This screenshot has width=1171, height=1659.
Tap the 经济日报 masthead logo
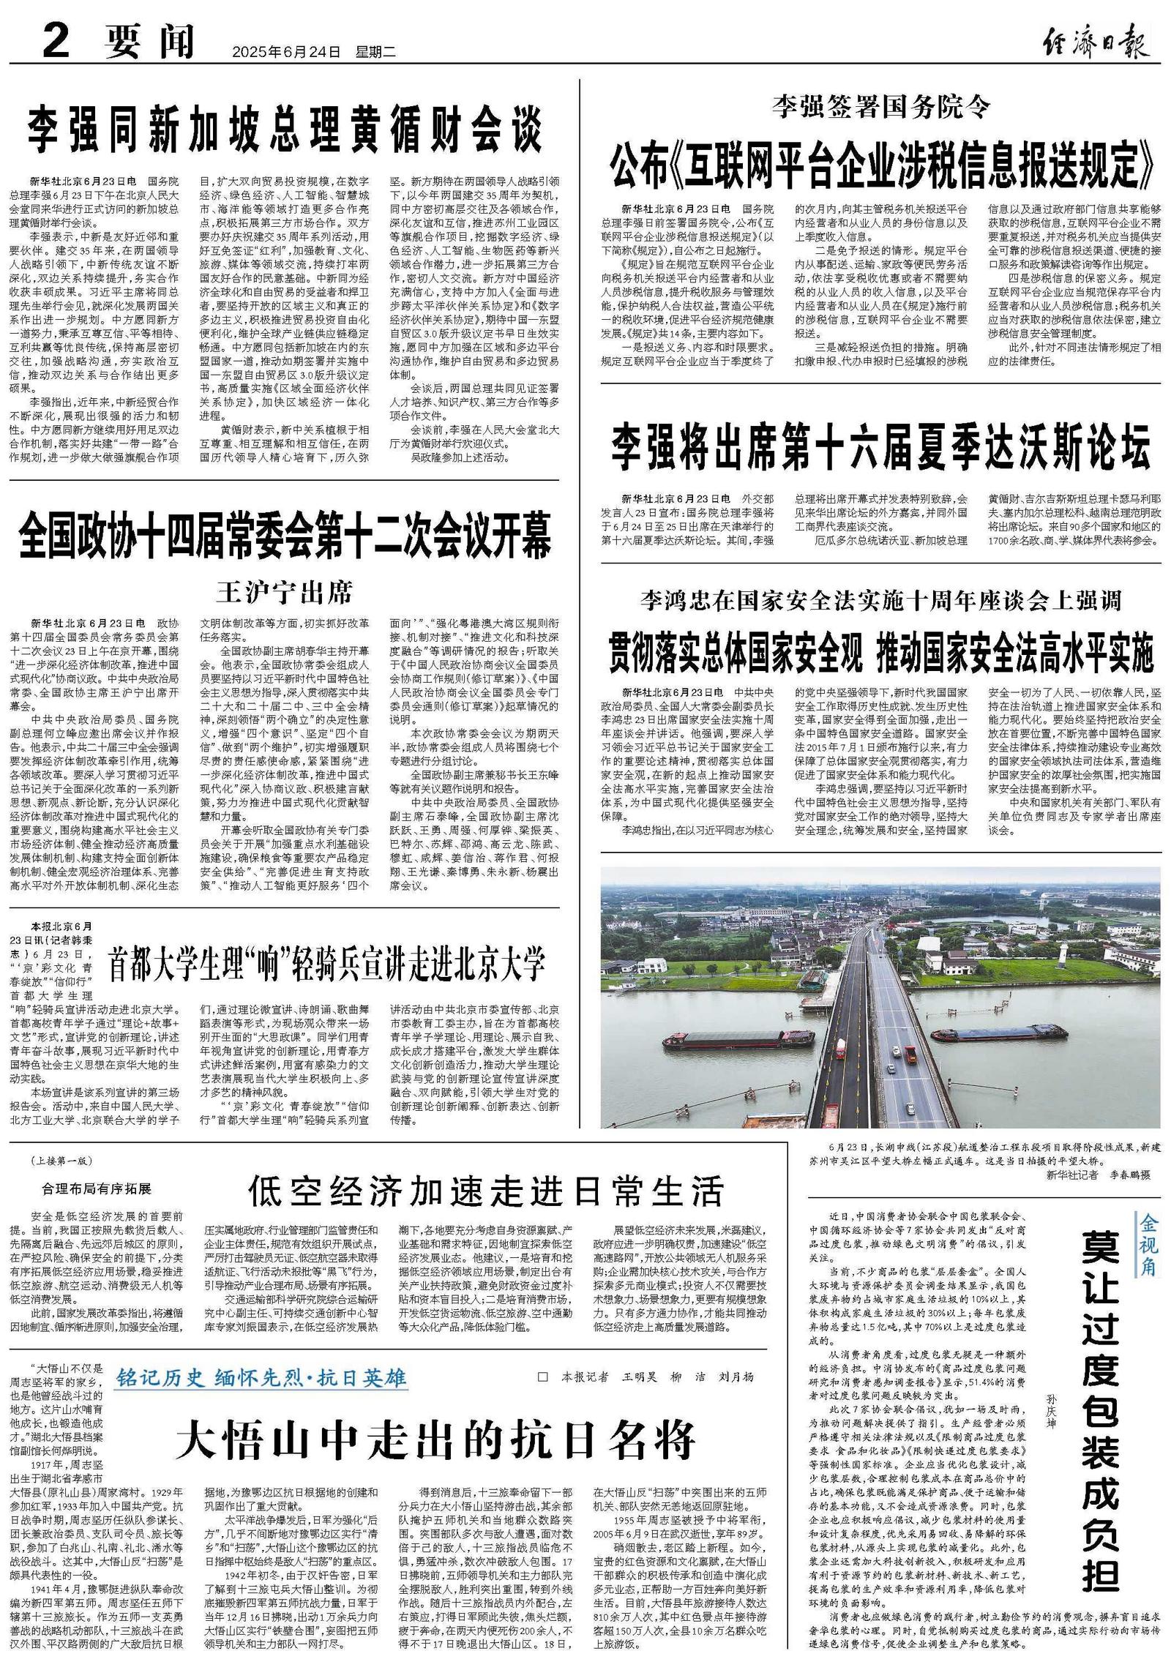[x=1095, y=42]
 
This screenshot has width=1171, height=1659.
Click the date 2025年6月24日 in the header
[x=286, y=52]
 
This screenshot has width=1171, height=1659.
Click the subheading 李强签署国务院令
[x=881, y=107]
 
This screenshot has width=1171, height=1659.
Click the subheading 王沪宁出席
[x=284, y=591]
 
